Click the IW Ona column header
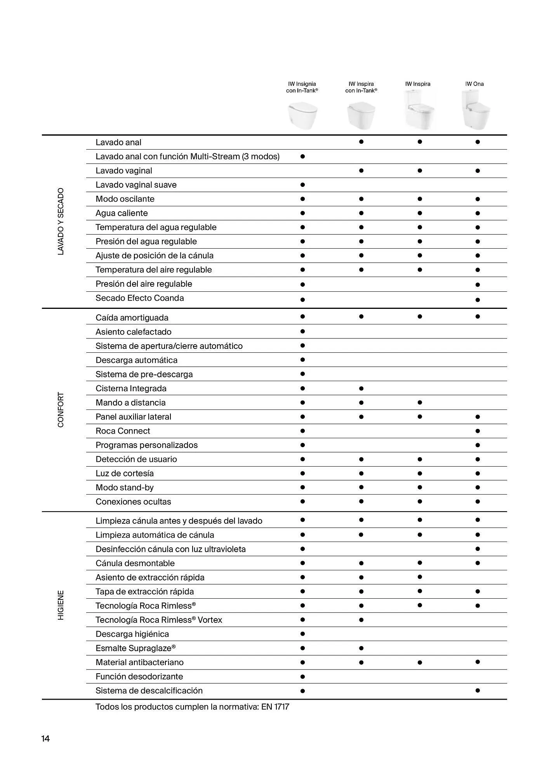tap(474, 84)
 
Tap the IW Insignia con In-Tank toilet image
tap(302, 115)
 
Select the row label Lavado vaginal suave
tap(136, 185)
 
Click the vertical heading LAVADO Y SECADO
tap(61, 221)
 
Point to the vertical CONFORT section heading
tap(61, 410)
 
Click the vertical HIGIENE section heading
tap(61, 605)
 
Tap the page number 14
tap(46, 739)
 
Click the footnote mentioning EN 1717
tap(192, 707)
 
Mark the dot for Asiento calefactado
tap(302, 331)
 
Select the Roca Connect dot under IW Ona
tap(478, 431)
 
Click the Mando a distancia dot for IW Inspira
tap(420, 402)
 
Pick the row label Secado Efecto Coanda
tap(140, 298)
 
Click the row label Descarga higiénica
tap(132, 634)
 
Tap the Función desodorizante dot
tap(302, 676)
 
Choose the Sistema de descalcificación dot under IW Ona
tap(478, 690)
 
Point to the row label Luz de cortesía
tap(125, 473)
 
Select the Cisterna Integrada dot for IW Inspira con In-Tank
tap(361, 388)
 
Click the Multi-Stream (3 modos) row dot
tap(302, 157)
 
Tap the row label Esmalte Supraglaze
tap(136, 648)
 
